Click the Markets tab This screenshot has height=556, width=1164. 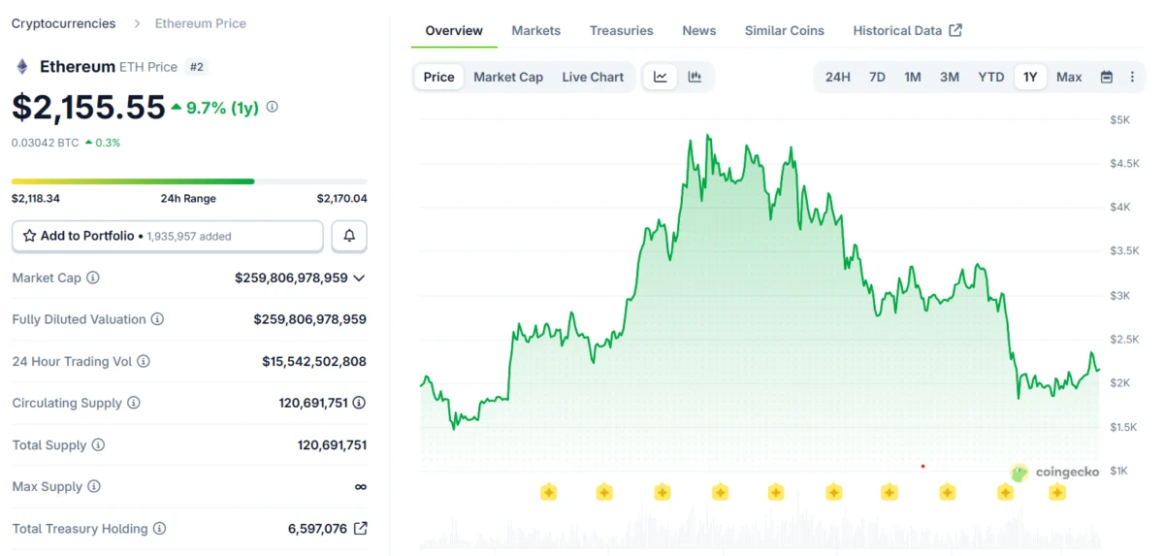(535, 30)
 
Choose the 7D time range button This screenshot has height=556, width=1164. (877, 77)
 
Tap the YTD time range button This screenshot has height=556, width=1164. (990, 77)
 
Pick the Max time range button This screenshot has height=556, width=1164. (1069, 77)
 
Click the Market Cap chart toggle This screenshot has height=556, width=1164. (508, 77)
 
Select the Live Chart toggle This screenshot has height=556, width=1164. (593, 77)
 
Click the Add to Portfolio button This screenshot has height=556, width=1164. (167, 236)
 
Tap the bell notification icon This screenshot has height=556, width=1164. (349, 236)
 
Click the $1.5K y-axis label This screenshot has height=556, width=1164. (1123, 427)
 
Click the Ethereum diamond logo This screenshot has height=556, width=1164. (21, 67)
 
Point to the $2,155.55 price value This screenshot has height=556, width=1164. (88, 107)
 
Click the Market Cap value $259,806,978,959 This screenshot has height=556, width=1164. (291, 278)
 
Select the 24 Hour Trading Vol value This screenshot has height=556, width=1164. (313, 361)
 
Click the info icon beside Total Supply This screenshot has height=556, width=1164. (98, 445)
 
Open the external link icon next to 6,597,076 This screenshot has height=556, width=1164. (360, 529)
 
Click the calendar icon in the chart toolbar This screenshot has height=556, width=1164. (1106, 77)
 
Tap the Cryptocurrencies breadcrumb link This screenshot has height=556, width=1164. (63, 23)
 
